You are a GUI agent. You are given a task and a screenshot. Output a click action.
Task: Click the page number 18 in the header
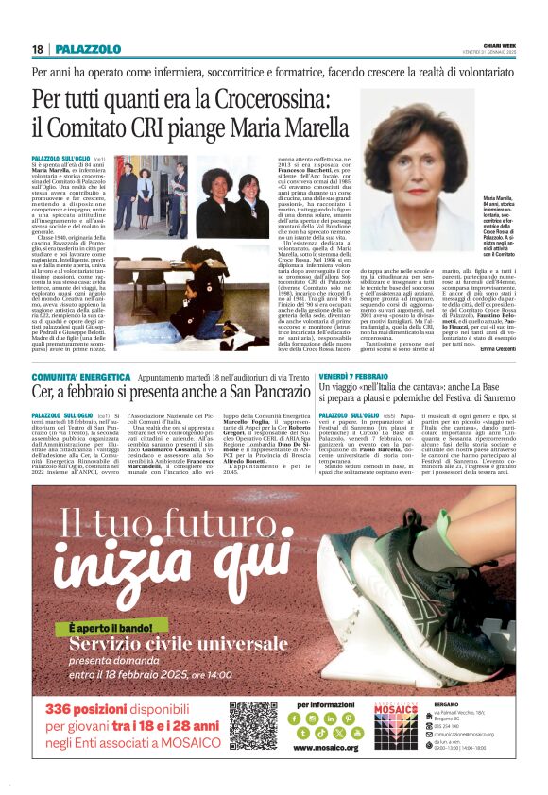coord(37,49)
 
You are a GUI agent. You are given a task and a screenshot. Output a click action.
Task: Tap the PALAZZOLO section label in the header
coord(88,49)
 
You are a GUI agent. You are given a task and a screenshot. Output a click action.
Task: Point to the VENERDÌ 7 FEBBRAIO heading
coord(351,376)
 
